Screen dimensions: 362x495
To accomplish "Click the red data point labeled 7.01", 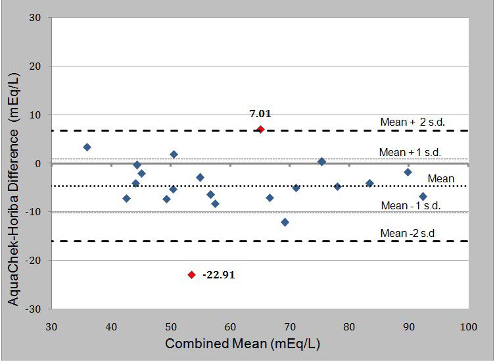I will coord(260,130).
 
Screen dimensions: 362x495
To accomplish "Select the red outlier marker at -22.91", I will coord(191,274).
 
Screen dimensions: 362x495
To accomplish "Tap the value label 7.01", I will coord(260,114).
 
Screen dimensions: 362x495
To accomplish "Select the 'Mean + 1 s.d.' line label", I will coord(410,152).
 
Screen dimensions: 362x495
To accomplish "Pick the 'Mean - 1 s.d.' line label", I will coord(410,206).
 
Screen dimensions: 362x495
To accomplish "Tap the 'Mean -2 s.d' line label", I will coord(408,233).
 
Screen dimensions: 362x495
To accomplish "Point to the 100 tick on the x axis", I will coord(468,326).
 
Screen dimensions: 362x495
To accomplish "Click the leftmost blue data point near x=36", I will coord(87,147).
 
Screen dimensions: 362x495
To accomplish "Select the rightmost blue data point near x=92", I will coord(423,197).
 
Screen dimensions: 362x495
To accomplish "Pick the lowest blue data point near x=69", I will coord(285,222).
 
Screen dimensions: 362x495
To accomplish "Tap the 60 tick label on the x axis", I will coord(230,326).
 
